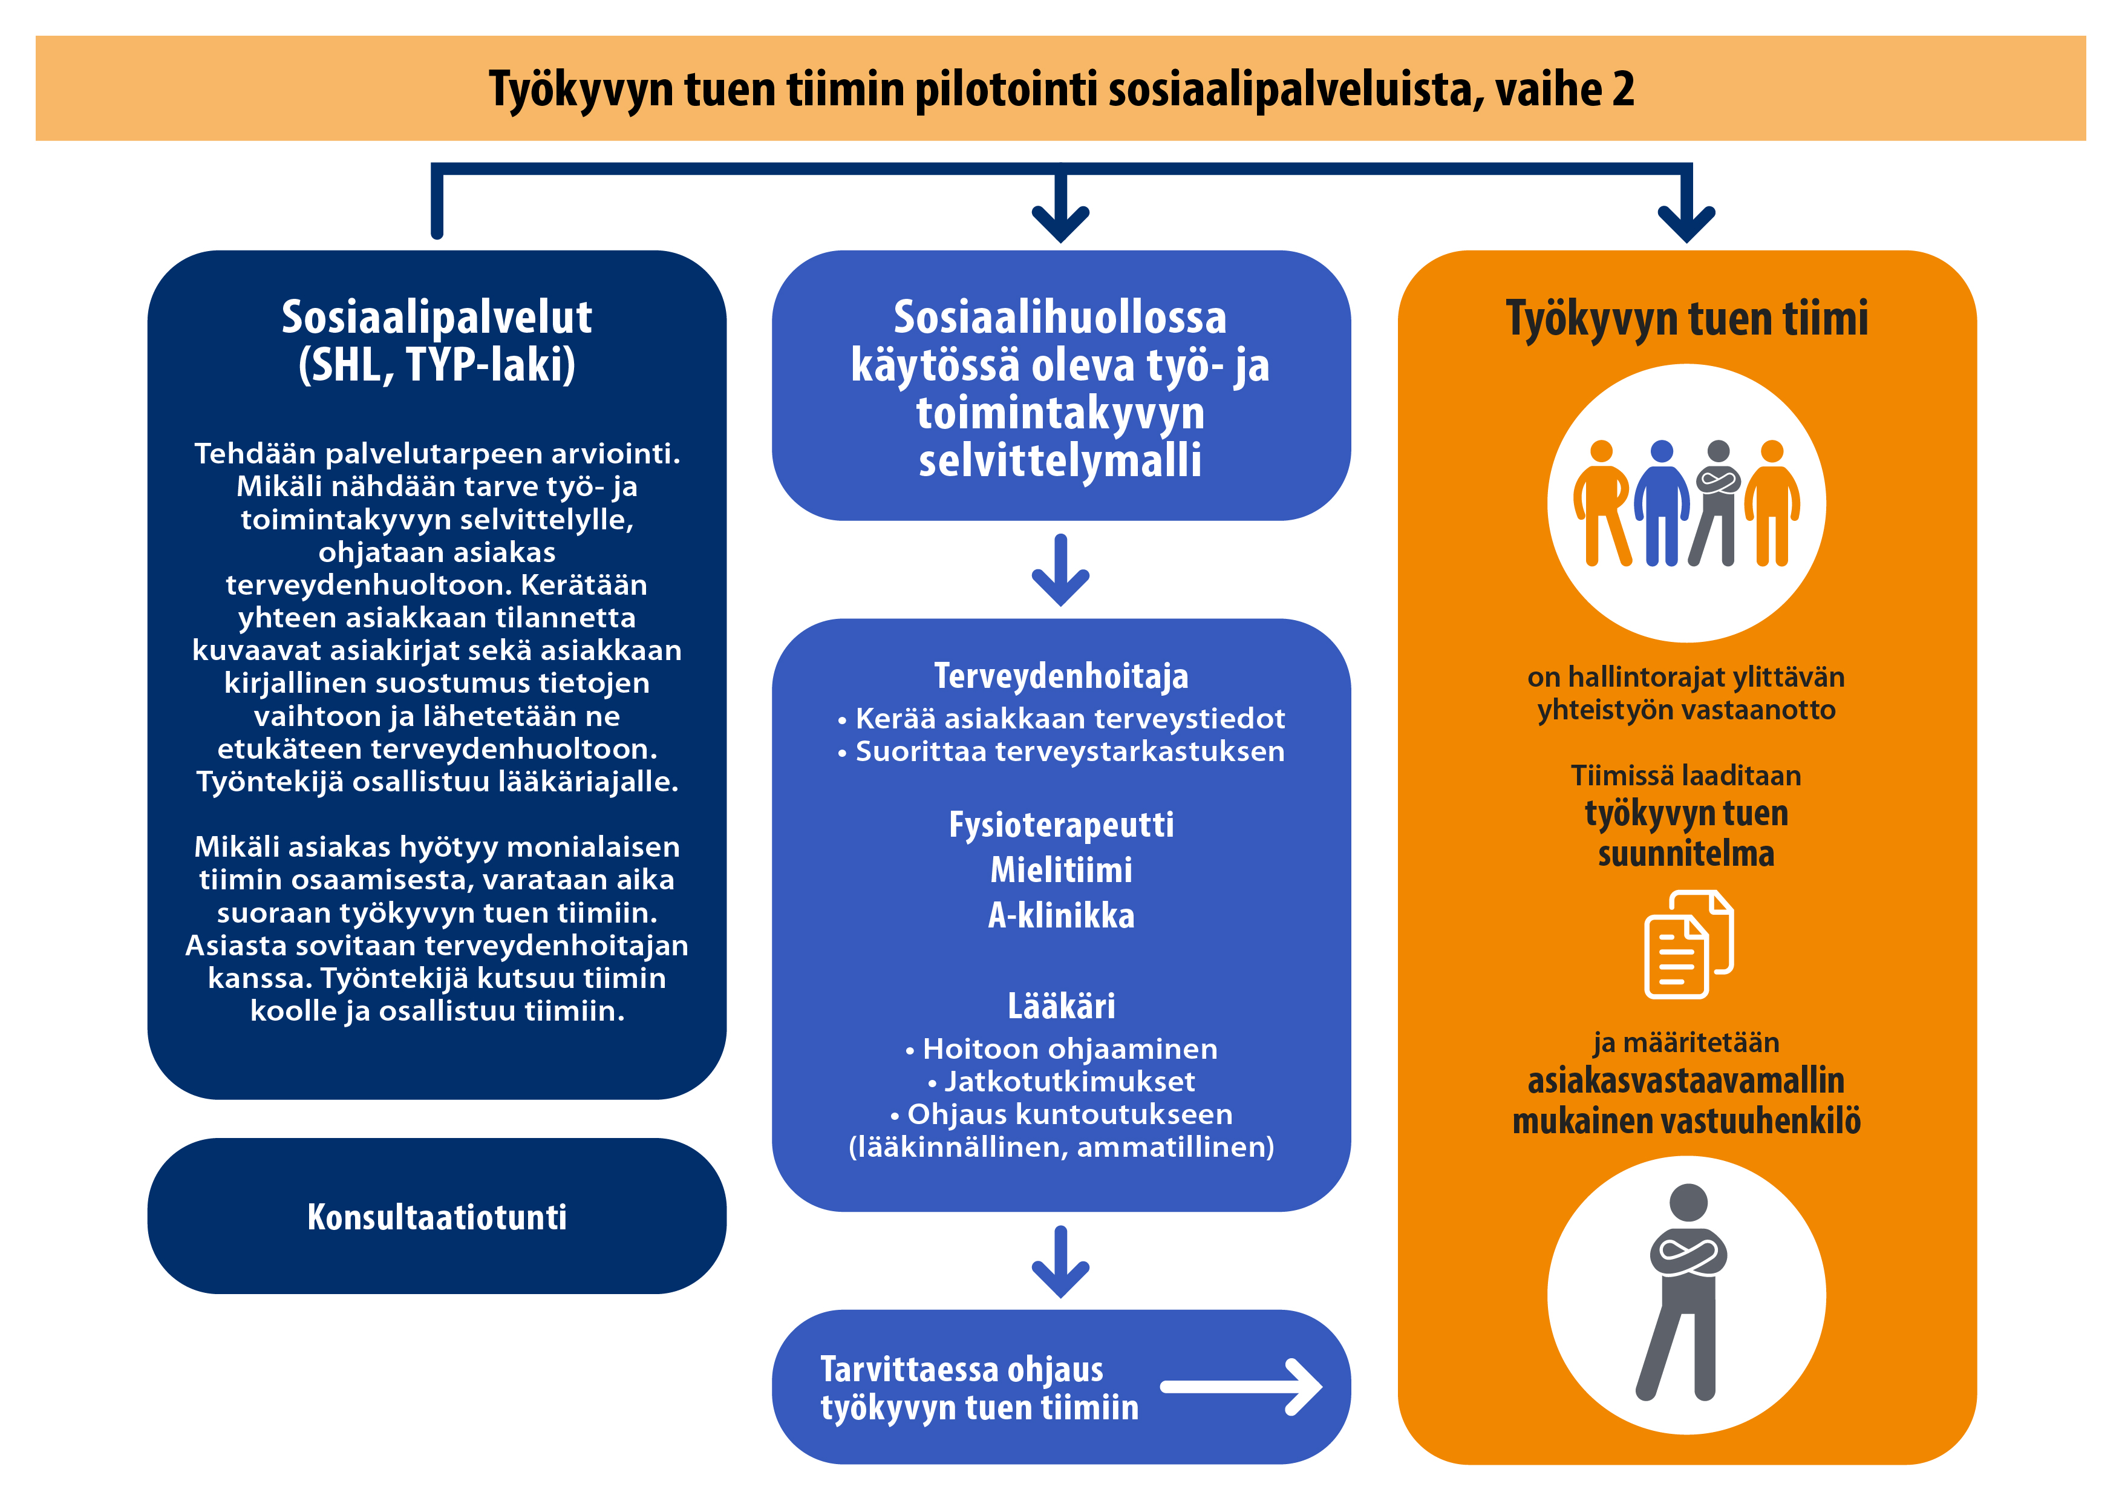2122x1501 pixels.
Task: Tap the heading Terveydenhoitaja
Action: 1061,676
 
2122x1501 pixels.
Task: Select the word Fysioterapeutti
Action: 1061,825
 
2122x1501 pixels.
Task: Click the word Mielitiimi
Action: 1061,870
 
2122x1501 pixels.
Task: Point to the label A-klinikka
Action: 1061,915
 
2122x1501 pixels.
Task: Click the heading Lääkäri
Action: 1061,1005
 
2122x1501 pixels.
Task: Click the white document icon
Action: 1688,944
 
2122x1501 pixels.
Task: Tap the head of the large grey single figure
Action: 1688,1203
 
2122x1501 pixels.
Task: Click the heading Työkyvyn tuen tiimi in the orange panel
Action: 1686,319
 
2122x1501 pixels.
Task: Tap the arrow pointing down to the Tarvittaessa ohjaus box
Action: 1061,1261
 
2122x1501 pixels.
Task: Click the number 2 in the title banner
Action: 1623,89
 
